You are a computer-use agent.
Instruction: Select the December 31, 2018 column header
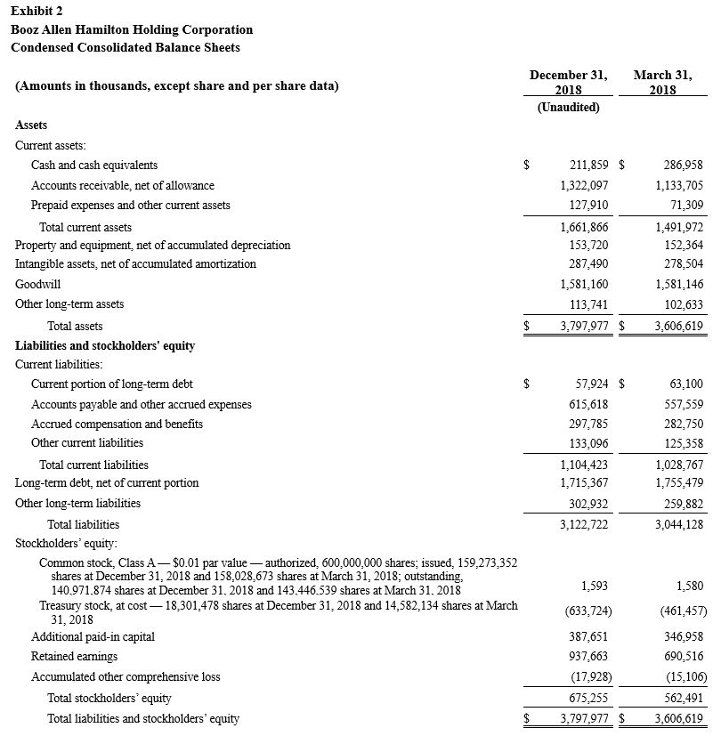tap(568, 83)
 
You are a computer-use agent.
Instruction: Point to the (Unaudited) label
tap(568, 108)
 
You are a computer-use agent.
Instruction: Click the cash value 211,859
tap(588, 166)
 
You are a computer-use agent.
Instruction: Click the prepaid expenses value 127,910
tap(588, 206)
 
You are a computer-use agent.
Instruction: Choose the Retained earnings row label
tap(74, 657)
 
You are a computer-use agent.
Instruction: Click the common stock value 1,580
tap(689, 586)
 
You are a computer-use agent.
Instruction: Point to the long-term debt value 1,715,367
tap(584, 483)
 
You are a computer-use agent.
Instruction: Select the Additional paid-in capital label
tap(93, 637)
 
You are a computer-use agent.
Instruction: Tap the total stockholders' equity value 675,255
tap(588, 699)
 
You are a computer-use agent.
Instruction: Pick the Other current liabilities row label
tap(87, 443)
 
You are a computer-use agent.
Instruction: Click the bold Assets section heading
tap(32, 125)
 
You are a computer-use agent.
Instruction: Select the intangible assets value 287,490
tap(588, 264)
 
